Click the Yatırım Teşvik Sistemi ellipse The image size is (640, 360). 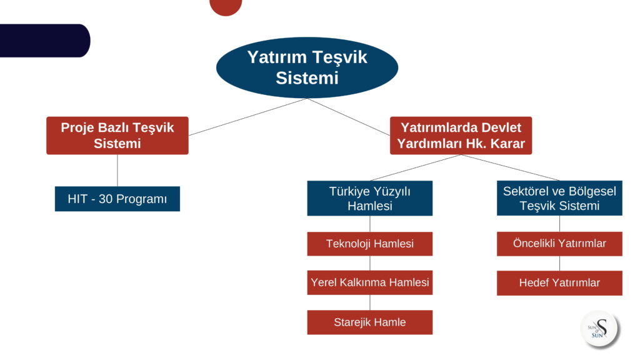point(307,67)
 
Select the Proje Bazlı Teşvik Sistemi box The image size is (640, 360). point(117,136)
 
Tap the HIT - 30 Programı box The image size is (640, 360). point(117,199)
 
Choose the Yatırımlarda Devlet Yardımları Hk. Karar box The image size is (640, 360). point(461,136)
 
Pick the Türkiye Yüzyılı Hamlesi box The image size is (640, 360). point(370,198)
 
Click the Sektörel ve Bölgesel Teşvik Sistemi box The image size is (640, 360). point(559,198)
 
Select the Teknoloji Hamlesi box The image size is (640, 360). point(370,244)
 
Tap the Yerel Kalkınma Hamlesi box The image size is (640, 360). point(370,282)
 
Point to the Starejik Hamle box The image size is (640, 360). point(370,322)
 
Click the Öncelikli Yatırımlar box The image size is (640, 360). point(559,244)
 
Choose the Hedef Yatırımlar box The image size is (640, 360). point(559,283)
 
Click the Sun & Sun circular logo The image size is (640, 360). point(599,329)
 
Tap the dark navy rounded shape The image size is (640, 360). point(44,41)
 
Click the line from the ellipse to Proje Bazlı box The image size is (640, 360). point(247,117)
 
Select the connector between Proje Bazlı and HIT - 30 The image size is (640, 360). point(117,171)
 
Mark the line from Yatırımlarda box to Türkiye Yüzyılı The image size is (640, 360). point(416,167)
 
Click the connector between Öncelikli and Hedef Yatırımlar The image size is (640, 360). point(559,263)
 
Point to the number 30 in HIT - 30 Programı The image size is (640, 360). point(106,199)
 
